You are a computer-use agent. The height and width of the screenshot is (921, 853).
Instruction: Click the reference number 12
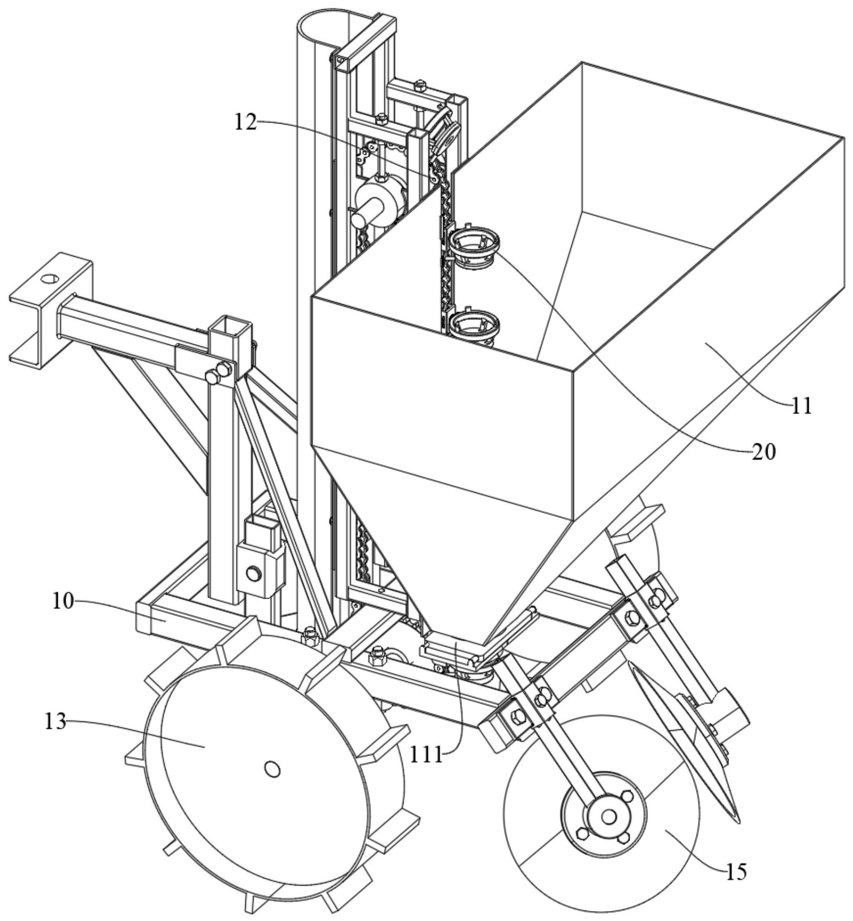click(245, 123)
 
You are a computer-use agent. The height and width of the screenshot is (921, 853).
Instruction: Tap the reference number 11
click(801, 405)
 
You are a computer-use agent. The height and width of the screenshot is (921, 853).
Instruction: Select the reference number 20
click(764, 452)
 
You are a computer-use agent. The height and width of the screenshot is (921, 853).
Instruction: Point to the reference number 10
click(62, 601)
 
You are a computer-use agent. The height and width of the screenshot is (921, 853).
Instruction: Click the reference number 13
click(55, 722)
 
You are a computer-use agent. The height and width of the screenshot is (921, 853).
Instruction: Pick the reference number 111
click(425, 754)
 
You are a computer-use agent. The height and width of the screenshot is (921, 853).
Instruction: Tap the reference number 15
click(736, 870)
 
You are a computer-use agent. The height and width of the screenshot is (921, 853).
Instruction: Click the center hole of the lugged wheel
click(272, 768)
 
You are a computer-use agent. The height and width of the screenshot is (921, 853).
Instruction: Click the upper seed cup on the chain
click(474, 243)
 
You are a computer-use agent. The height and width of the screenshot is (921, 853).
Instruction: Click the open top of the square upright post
click(230, 327)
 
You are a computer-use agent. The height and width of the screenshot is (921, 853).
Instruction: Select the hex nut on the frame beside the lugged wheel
click(310, 634)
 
